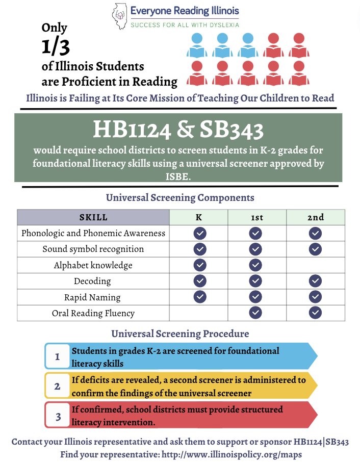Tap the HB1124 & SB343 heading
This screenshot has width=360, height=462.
click(178, 131)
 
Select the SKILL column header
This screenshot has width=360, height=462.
click(93, 217)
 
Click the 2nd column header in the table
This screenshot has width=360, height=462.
click(315, 217)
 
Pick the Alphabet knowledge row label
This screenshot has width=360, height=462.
click(93, 265)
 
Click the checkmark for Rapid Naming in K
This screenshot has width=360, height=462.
click(200, 297)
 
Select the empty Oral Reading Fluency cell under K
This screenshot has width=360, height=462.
click(198, 313)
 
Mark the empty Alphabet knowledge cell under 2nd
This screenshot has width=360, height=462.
click(315, 265)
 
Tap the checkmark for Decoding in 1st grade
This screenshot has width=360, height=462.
click(255, 281)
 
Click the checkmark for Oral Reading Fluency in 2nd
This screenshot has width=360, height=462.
click(315, 313)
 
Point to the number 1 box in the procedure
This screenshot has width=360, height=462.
click(57, 356)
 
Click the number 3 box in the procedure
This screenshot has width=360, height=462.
click(58, 416)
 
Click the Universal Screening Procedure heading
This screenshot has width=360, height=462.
click(180, 334)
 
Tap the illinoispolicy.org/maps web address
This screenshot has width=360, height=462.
click(225, 454)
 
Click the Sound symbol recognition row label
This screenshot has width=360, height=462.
click(93, 249)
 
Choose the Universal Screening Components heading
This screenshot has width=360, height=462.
click(180, 197)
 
